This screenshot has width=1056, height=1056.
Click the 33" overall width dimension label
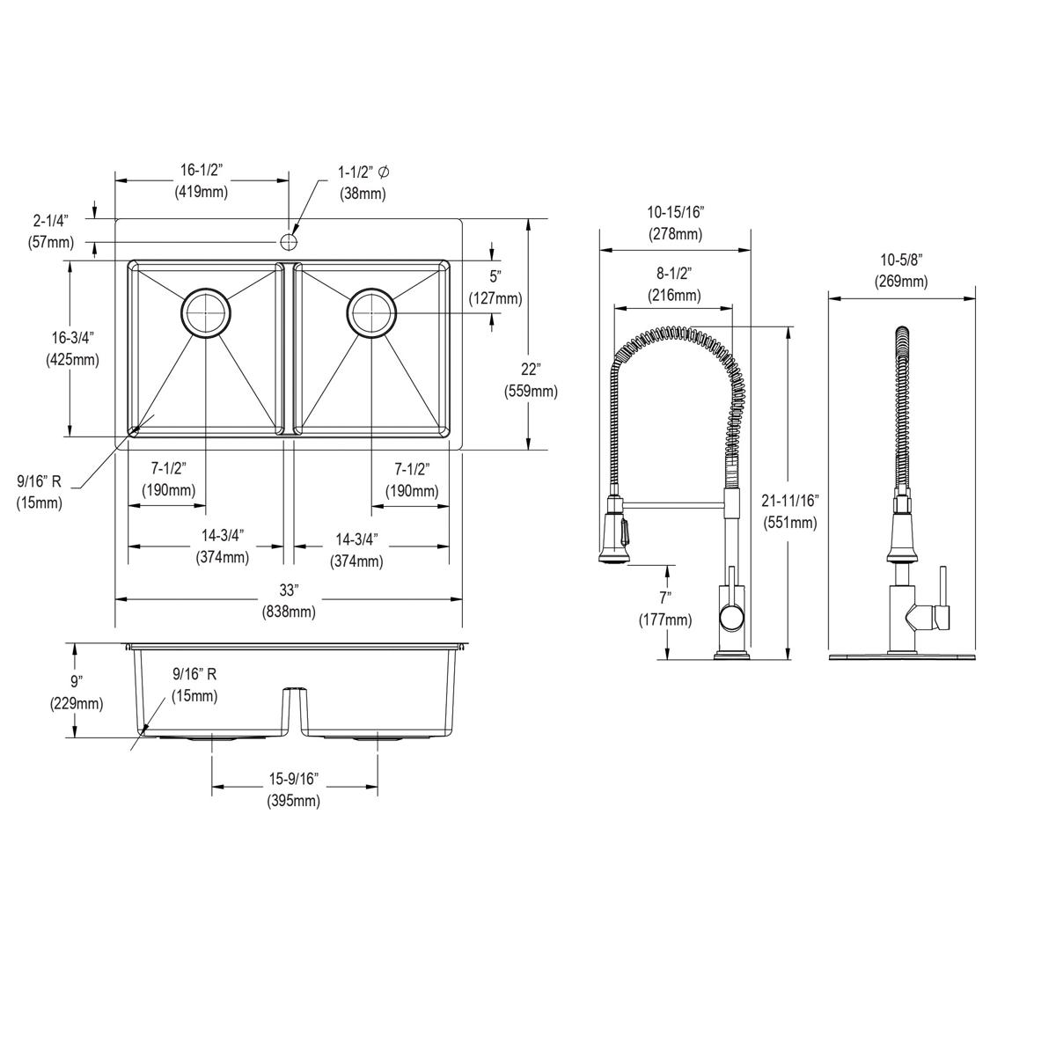click(290, 599)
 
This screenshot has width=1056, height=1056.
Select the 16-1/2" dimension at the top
click(202, 180)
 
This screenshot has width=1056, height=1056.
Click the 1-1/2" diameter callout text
click(363, 180)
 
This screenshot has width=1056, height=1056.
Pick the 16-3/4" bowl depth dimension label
click(72, 348)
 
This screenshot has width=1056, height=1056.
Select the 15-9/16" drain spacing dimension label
click(294, 789)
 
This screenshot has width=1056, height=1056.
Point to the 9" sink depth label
click(77, 692)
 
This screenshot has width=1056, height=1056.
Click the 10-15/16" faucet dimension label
click(675, 222)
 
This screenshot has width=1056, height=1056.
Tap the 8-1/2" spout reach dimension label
click(674, 283)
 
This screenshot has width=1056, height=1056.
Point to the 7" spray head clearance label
click(666, 608)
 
